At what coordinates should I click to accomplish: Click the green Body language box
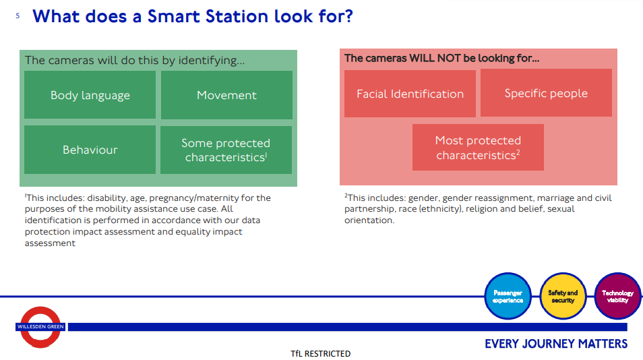click(90, 94)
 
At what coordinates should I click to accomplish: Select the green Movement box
click(226, 94)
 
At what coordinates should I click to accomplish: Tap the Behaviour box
click(90, 150)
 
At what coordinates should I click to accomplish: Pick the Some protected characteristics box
click(226, 150)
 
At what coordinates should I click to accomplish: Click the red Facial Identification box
click(410, 94)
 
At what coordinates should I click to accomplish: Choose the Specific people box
click(546, 92)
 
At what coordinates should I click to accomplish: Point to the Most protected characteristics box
click(478, 147)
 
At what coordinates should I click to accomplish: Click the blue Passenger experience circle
click(508, 296)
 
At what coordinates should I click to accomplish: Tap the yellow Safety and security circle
click(563, 296)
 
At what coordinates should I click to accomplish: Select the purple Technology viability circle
click(617, 296)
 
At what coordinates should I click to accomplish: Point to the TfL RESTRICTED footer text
click(321, 353)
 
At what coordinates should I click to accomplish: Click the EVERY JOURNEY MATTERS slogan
click(556, 344)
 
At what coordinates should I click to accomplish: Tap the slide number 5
click(18, 16)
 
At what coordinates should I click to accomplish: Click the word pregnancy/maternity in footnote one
click(194, 198)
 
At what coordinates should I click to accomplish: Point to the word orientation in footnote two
click(369, 220)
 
